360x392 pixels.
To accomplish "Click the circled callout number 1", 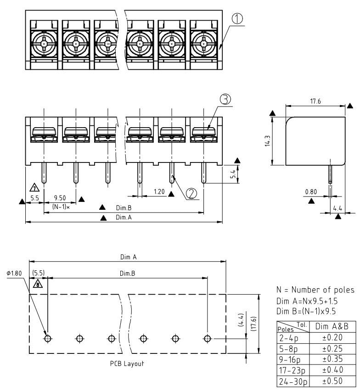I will coord(237,19).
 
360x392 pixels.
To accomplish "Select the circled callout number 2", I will coord(192,194).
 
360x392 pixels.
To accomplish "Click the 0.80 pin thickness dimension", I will coord(311,192).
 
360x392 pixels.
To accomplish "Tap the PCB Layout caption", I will coord(127,364).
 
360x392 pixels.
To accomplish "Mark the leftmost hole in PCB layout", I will coord(47,338).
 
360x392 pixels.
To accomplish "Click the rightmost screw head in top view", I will coord(203,45).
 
